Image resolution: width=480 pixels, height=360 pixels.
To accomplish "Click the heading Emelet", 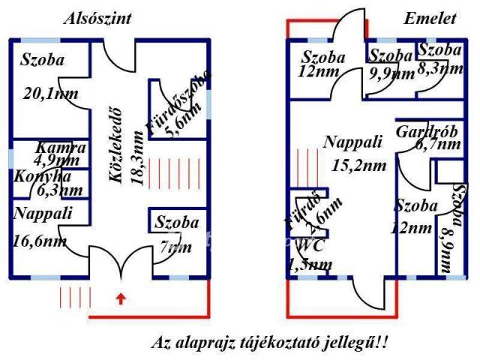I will pos(430,19).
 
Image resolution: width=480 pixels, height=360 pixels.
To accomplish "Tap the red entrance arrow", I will pos(120,301).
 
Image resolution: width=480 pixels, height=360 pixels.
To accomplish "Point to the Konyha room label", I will pos(43,177).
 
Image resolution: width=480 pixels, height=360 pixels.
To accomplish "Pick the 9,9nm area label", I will pos(393,73).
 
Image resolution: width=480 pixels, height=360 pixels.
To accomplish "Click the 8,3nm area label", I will pos(439,67).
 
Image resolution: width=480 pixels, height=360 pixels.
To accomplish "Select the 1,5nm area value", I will pos(310,263).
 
